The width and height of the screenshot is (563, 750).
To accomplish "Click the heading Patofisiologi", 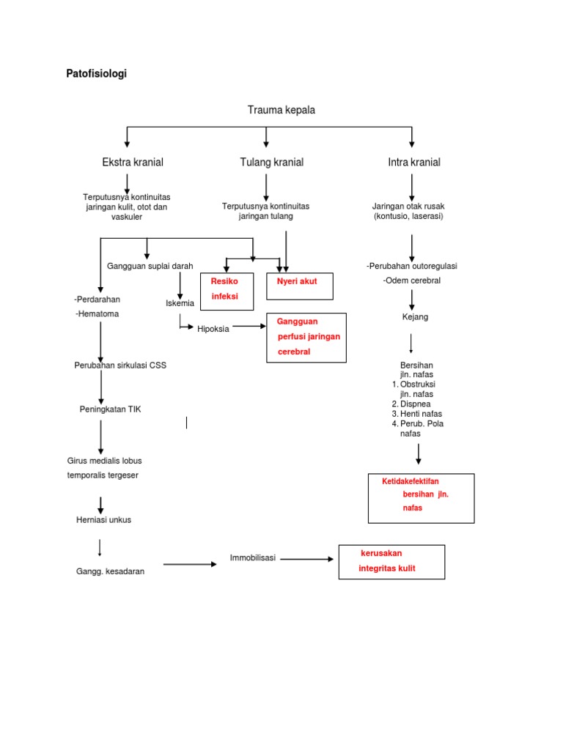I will coord(96,74).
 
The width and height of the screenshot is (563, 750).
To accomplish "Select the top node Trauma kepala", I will coord(281,110).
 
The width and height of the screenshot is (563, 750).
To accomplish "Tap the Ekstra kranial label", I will coord(133,162).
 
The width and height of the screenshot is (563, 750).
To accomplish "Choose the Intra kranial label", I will coord(414,162).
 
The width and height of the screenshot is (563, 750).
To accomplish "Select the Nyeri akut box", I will coord(299,286).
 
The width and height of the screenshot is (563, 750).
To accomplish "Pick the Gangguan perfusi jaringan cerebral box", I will coord(306,336).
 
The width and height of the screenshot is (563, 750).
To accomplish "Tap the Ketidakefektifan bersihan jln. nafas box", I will coord(421,498).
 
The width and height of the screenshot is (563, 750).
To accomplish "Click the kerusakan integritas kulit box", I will coord(391,562).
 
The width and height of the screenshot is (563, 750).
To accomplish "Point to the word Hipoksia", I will coord(213,329).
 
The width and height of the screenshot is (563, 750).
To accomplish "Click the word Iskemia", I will coord(180,302).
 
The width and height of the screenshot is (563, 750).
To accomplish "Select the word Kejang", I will coord(415,317).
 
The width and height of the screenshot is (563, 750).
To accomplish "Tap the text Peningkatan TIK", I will coord(110,409).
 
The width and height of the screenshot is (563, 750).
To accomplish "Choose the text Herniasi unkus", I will coord(104,520).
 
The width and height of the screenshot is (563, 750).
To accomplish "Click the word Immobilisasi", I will coord(252,558).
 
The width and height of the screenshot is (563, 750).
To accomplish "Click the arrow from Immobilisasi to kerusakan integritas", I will coord(306,559).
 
